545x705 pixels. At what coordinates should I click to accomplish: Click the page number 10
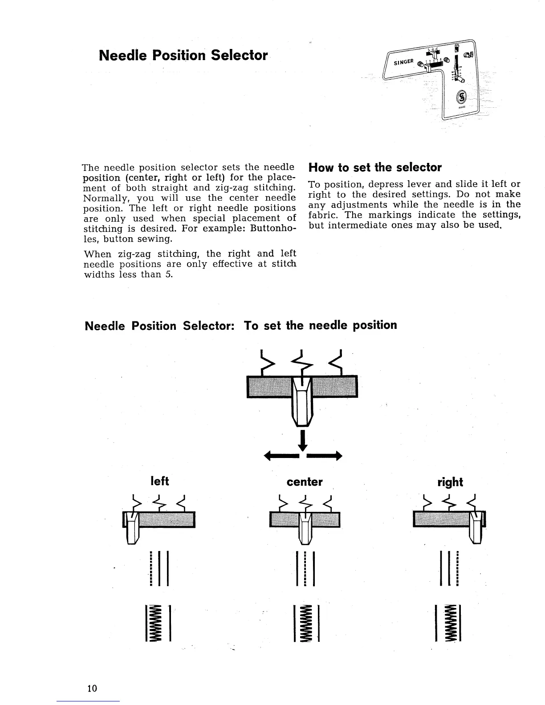(x=92, y=688)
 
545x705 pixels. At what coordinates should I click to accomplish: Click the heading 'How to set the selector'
(x=374, y=168)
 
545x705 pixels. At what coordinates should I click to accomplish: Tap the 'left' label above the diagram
(x=160, y=481)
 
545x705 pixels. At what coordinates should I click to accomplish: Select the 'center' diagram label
(x=305, y=482)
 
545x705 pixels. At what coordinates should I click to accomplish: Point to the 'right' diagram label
(x=450, y=482)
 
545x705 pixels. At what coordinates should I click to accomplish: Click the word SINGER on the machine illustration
(x=403, y=60)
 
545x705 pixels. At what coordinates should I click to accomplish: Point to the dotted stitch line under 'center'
(x=305, y=568)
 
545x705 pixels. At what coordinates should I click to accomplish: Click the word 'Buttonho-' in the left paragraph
(x=273, y=229)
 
